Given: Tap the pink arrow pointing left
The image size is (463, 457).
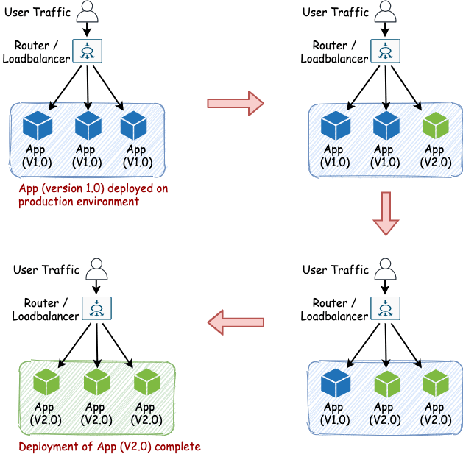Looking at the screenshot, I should (236, 322).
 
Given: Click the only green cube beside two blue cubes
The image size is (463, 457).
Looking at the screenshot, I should (434, 125).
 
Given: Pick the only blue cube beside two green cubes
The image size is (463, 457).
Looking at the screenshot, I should (336, 383).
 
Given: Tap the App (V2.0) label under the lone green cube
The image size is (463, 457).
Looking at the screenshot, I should (434, 157).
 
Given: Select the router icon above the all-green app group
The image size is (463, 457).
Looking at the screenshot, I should (96, 309).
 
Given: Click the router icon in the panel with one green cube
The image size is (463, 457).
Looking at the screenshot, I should (386, 51).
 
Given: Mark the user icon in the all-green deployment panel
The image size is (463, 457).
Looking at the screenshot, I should (96, 269).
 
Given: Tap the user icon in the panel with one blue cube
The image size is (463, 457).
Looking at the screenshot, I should (386, 269).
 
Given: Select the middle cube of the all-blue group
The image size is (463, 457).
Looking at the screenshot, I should (87, 125).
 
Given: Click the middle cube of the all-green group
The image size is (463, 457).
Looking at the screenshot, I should (96, 383).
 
